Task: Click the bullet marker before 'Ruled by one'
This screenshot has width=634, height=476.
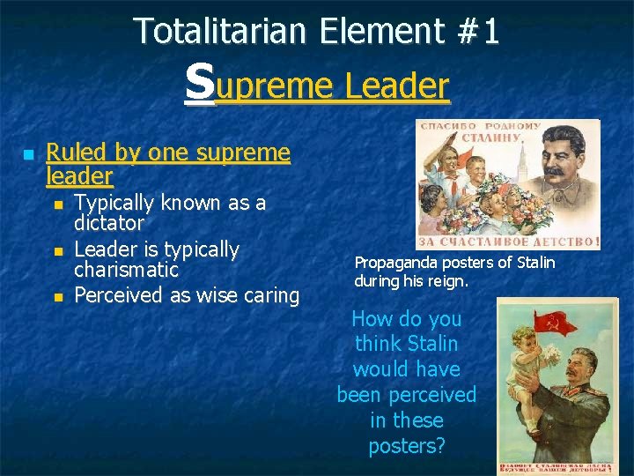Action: (28, 154)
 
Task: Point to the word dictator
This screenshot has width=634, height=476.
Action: (109, 224)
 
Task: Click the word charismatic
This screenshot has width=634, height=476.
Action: (126, 270)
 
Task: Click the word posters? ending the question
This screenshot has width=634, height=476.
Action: (407, 446)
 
